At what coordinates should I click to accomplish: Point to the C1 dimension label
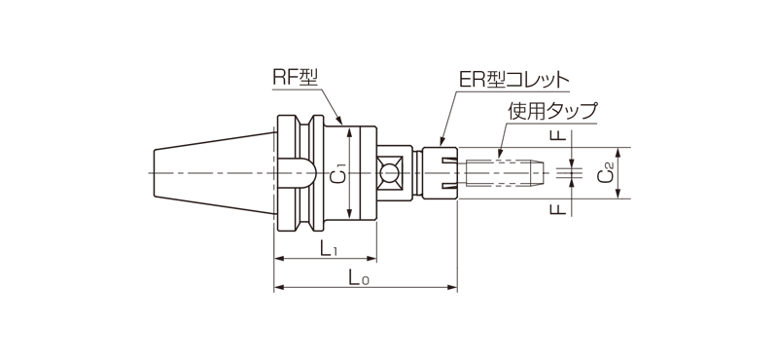click(x=336, y=174)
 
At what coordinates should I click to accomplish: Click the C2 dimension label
click(x=606, y=173)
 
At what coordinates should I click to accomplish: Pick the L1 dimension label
click(x=328, y=249)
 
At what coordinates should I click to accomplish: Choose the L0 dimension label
click(x=359, y=278)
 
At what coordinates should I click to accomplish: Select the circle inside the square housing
click(x=390, y=174)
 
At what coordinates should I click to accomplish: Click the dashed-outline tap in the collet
click(x=506, y=173)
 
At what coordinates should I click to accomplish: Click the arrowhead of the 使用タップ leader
click(x=498, y=154)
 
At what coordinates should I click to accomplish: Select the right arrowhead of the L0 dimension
click(x=452, y=288)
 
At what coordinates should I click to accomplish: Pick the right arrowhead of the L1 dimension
click(x=372, y=259)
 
